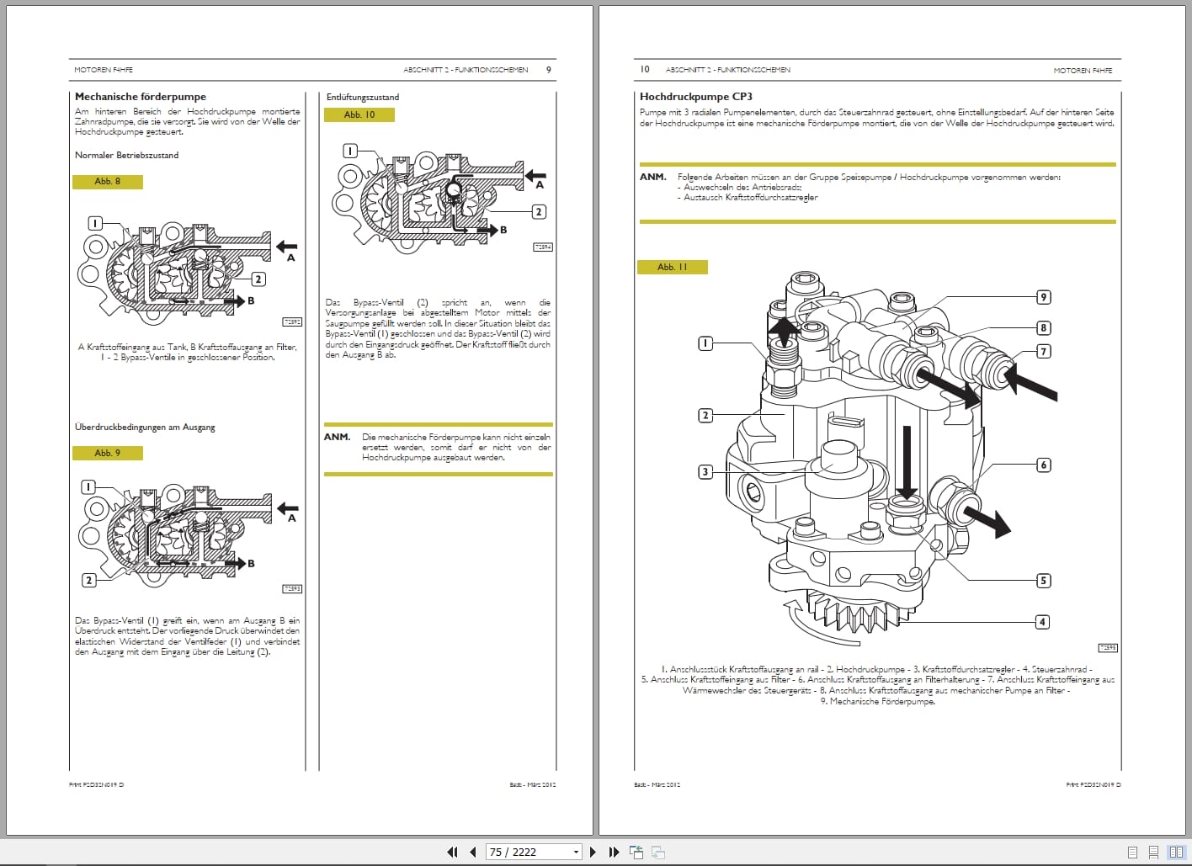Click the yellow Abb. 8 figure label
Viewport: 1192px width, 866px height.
point(107,182)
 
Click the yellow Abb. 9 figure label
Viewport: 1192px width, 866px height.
point(107,453)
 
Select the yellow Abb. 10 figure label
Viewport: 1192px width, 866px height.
point(359,114)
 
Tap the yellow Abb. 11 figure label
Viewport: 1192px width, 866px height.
point(673,267)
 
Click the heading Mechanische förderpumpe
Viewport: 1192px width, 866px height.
point(141,97)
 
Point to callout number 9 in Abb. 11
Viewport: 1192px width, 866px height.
point(1043,297)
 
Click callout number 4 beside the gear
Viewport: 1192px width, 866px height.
point(1042,622)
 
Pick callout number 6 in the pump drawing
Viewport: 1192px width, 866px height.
point(1043,465)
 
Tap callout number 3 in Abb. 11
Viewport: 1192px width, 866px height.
point(705,472)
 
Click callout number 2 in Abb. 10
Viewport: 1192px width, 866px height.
point(539,212)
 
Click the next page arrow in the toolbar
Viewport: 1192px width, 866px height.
point(593,852)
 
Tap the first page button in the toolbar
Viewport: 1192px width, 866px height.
point(452,852)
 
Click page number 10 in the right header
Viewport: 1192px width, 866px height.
point(645,69)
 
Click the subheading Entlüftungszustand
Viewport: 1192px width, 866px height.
point(363,97)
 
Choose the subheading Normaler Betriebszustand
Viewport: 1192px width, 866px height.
point(126,155)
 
